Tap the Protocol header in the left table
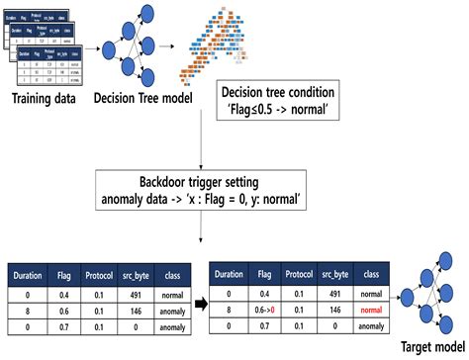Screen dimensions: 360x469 pos(94,274)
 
